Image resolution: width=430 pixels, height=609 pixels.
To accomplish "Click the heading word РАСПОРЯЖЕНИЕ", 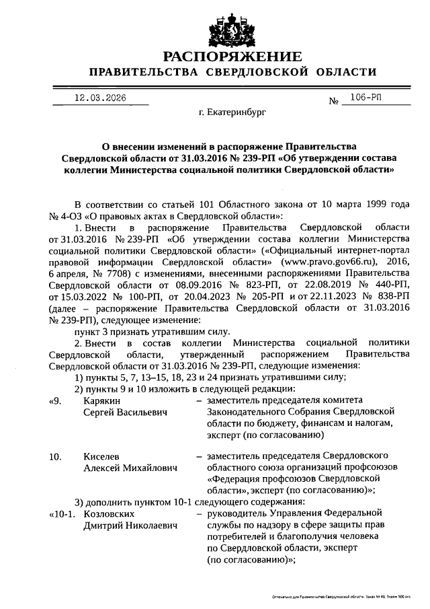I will (233, 56).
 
